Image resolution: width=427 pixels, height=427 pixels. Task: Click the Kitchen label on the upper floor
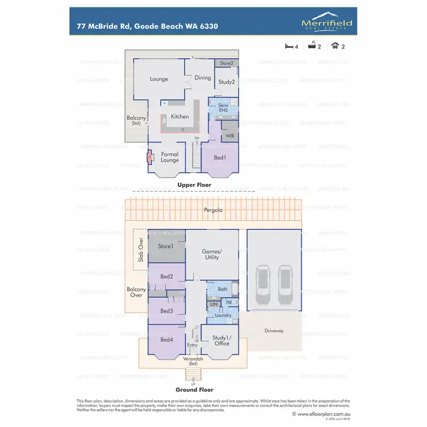coord(180,117)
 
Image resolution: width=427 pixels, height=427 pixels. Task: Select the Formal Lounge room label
coord(170,157)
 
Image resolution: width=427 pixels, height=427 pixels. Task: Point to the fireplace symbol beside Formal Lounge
coord(150,157)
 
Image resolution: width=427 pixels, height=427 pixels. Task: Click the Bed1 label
coord(220,157)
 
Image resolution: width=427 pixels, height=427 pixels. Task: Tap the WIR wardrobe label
coord(230,137)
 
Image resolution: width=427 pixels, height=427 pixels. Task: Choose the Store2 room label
coord(227,63)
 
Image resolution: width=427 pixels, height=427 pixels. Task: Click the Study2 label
coord(227,82)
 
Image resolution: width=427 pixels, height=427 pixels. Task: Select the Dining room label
coord(203,78)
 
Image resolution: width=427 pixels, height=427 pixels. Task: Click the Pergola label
coord(215,210)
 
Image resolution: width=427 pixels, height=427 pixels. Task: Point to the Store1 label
coord(165,246)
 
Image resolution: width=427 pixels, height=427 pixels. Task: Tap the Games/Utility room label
coord(212,254)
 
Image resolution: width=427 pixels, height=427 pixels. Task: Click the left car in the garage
coord(262,280)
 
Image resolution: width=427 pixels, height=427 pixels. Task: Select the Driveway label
coord(273,331)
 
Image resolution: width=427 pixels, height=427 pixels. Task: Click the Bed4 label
coord(167,340)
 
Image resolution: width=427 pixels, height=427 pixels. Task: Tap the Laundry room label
coord(223,315)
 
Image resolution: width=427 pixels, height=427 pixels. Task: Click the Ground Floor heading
coord(194,390)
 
